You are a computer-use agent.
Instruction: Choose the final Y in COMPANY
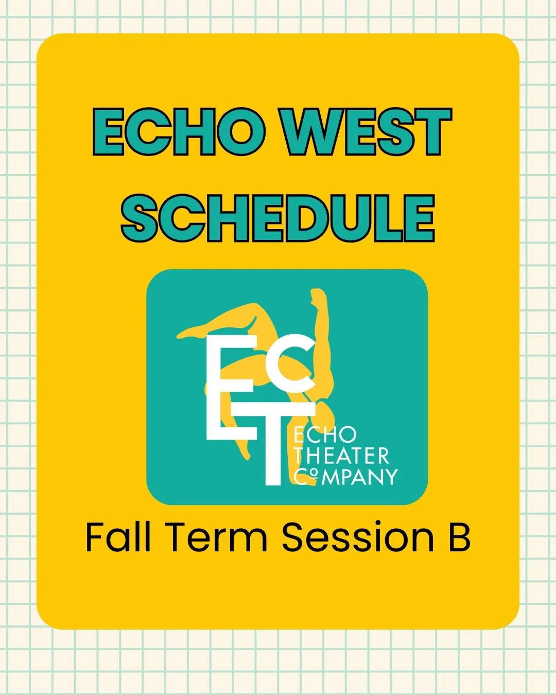[390, 476]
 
